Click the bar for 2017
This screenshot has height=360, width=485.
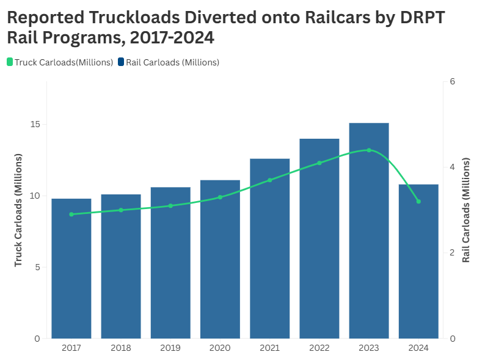pyautogui.click(x=71, y=269)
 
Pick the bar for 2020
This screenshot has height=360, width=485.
pyautogui.click(x=220, y=259)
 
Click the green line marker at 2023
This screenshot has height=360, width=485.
pyautogui.click(x=369, y=150)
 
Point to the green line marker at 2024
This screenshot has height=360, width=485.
pyautogui.click(x=418, y=201)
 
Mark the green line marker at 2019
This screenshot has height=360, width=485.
pyautogui.click(x=170, y=205)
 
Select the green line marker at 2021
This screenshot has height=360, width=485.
pyautogui.click(x=269, y=180)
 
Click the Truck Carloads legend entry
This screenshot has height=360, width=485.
pyautogui.click(x=60, y=62)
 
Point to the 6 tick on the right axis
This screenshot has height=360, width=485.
pyautogui.click(x=452, y=82)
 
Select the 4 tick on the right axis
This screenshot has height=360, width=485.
pyautogui.click(x=452, y=167)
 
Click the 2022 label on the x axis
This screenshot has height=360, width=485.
pyautogui.click(x=319, y=348)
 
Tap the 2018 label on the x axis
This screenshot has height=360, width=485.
pyautogui.click(x=121, y=348)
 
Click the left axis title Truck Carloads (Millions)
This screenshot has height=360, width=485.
pyautogui.click(x=18, y=210)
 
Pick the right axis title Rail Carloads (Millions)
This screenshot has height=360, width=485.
pyautogui.click(x=466, y=210)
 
